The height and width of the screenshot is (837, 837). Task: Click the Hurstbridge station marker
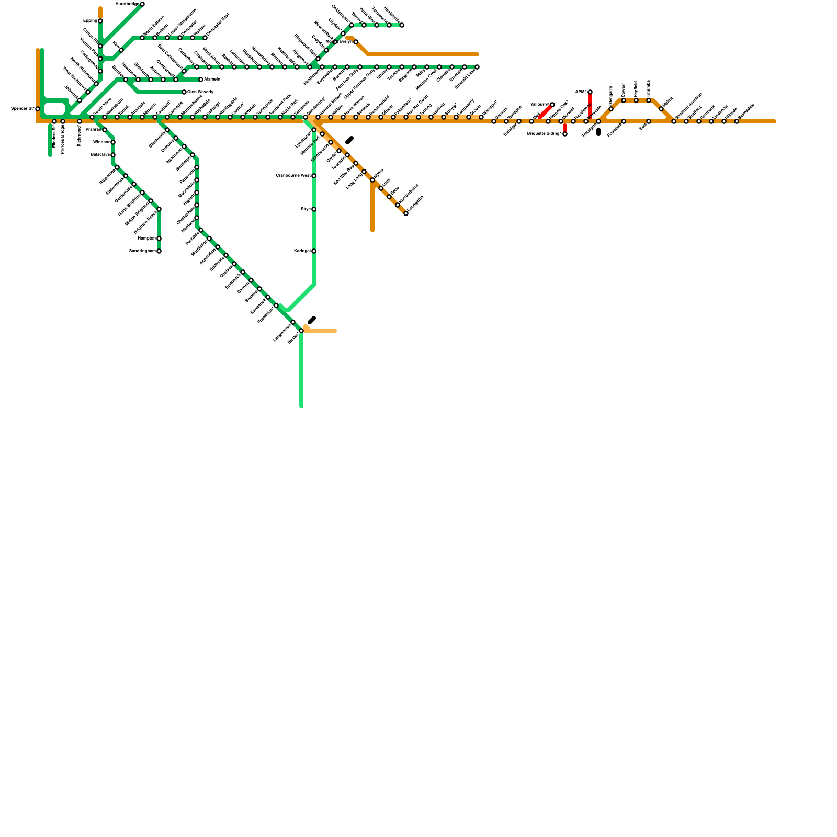click(x=142, y=4)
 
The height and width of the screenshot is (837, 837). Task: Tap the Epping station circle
click(x=100, y=21)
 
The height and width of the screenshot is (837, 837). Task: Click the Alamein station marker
click(x=201, y=80)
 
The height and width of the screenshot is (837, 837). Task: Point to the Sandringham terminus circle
click(x=159, y=251)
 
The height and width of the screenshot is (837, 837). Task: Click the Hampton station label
click(x=146, y=239)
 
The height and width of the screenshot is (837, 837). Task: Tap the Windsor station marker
click(x=113, y=142)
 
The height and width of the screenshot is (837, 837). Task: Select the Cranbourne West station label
click(x=293, y=176)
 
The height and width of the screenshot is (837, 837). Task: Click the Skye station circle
click(x=314, y=209)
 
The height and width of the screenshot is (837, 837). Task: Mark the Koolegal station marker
click(x=314, y=251)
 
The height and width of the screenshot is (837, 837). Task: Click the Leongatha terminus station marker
click(x=406, y=213)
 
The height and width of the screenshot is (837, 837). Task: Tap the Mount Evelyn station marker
click(x=356, y=42)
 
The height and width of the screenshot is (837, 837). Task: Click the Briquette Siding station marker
click(x=565, y=134)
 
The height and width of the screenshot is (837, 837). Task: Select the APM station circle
click(x=590, y=92)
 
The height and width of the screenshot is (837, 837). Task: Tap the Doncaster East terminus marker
click(x=205, y=38)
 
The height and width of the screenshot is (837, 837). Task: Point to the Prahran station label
click(x=93, y=130)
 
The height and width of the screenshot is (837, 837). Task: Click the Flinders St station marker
click(x=54, y=121)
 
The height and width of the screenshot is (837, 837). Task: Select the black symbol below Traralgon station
click(x=598, y=132)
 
